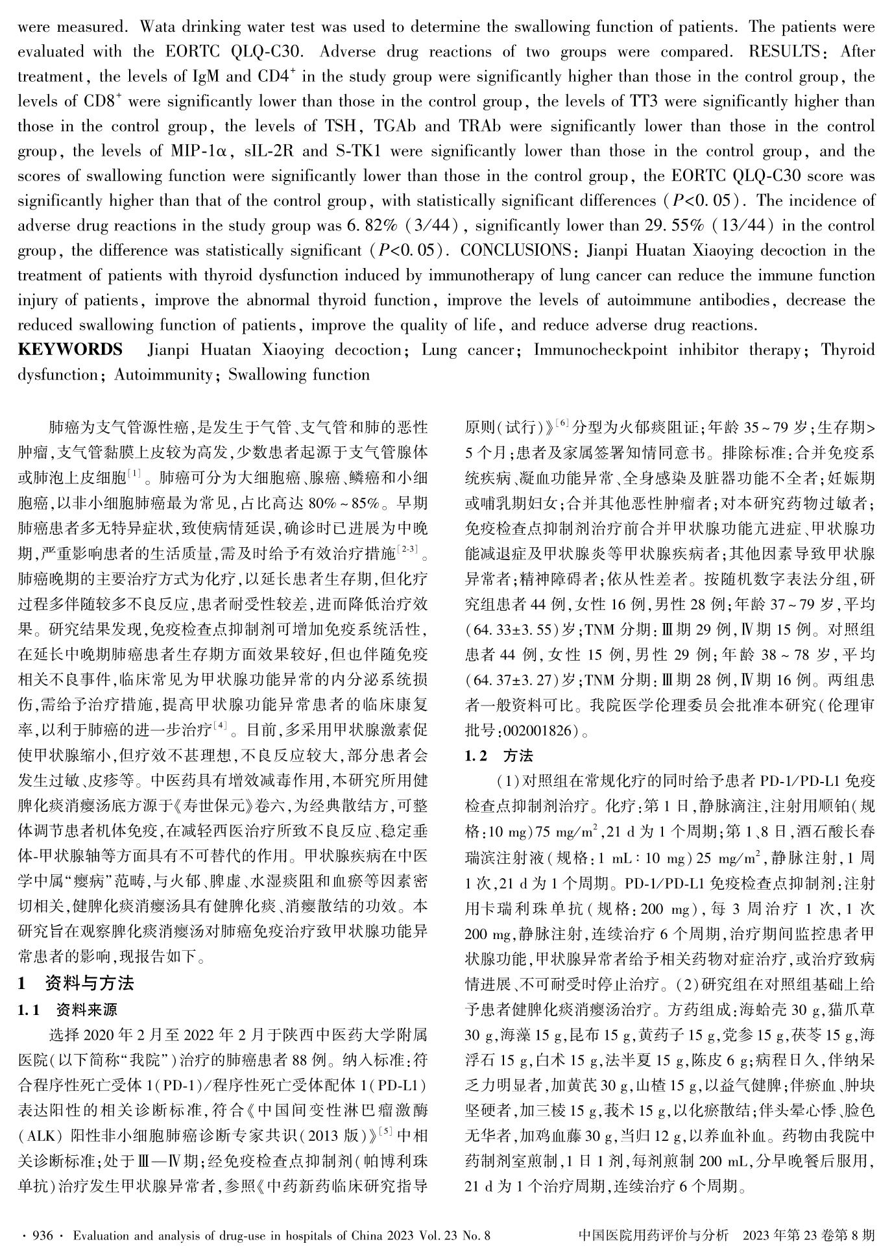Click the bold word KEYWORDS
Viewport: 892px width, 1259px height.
[70, 350]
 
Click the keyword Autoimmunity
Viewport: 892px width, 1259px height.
[164, 375]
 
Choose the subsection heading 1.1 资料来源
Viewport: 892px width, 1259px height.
[68, 1010]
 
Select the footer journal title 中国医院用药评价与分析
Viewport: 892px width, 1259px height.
[653, 1235]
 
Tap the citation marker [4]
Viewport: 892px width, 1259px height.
[221, 725]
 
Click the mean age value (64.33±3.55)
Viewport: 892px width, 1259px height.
[512, 630]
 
